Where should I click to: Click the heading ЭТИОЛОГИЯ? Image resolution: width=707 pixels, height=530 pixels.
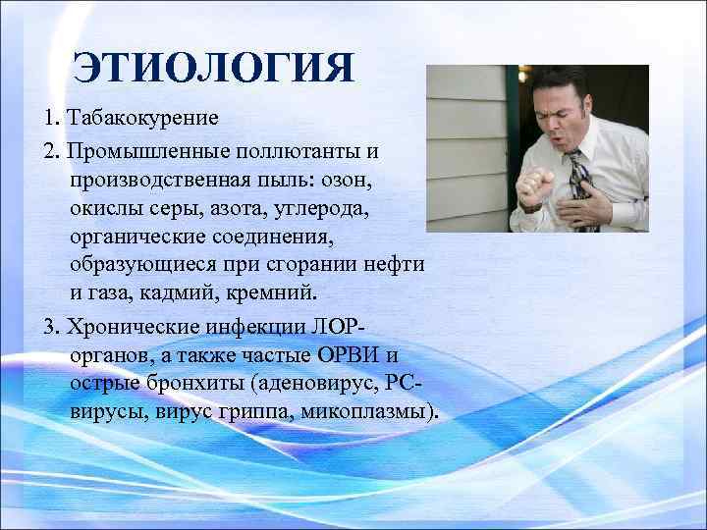tap(213, 70)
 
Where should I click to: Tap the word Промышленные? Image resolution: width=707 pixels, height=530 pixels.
tap(131, 152)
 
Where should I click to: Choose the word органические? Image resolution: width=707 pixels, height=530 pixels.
tap(136, 238)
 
